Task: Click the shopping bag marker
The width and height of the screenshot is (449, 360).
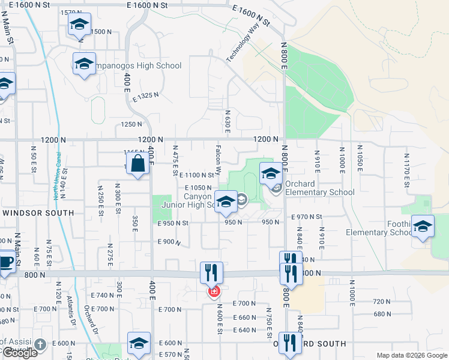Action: click(x=138, y=164)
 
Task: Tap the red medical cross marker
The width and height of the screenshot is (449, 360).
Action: click(x=214, y=292)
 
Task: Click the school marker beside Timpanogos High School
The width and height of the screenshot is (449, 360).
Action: click(x=85, y=63)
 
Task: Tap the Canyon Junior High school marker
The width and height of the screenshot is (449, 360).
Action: click(x=226, y=202)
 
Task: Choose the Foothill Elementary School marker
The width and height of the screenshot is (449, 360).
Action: click(x=423, y=227)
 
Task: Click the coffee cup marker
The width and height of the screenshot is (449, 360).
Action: click(x=6, y=263)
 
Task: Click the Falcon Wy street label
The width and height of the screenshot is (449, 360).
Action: click(x=219, y=163)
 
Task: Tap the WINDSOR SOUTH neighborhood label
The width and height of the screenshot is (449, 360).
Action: click(x=38, y=213)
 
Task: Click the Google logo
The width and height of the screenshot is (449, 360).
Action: click(x=19, y=353)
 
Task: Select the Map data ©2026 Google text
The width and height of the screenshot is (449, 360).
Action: click(x=412, y=355)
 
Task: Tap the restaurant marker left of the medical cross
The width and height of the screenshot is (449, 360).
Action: click(x=211, y=272)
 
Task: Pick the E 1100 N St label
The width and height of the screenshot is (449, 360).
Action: click(x=197, y=175)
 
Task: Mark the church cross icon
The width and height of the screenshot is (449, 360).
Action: click(x=40, y=345)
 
